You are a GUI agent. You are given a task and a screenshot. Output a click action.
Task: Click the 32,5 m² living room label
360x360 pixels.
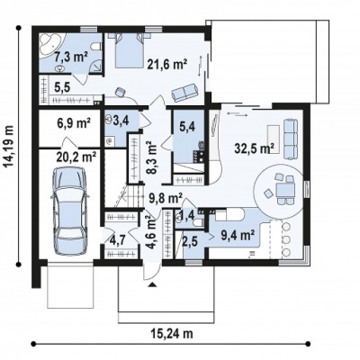tap(255, 148)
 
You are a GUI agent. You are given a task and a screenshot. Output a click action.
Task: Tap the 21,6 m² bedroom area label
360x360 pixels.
tap(167, 64)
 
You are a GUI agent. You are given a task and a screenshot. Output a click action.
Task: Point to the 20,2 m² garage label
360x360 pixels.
tap(76, 157)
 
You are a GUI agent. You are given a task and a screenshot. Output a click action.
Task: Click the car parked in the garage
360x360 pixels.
tap(70, 211)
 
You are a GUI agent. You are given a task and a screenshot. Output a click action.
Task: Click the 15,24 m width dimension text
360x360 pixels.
tap(172, 334)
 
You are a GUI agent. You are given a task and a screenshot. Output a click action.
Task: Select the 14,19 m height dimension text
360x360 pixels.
tap(9, 146)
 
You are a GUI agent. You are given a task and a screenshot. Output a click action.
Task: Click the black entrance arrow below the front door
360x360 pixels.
tap(152, 284)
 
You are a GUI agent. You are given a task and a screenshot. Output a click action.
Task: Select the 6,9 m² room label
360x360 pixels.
tap(74, 123)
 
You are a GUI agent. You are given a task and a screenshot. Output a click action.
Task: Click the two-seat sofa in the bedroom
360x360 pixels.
tap(184, 92)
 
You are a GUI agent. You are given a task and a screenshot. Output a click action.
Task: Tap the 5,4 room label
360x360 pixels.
tap(188, 126)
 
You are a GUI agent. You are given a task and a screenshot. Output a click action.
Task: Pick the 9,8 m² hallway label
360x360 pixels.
tap(166, 198)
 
